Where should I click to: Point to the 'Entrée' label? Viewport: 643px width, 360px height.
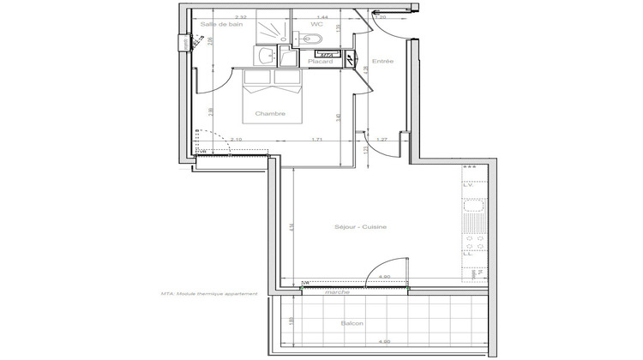(x=382, y=61)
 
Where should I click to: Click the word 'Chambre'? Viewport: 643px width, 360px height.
(x=269, y=114)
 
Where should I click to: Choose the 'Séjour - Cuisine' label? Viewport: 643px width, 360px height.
(x=361, y=227)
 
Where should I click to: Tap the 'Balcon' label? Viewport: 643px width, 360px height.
(x=352, y=323)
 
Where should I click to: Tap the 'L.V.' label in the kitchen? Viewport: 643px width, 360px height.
(x=469, y=185)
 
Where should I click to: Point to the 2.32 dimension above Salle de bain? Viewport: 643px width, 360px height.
(x=218, y=16)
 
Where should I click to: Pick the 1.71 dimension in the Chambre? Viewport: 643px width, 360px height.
(x=316, y=139)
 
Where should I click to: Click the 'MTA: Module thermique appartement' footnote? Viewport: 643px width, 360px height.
(x=208, y=294)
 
